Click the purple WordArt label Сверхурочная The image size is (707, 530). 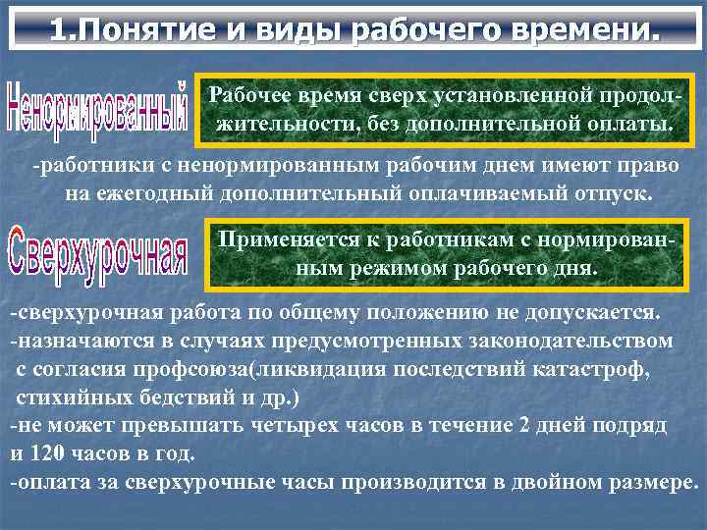(x=97, y=251)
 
